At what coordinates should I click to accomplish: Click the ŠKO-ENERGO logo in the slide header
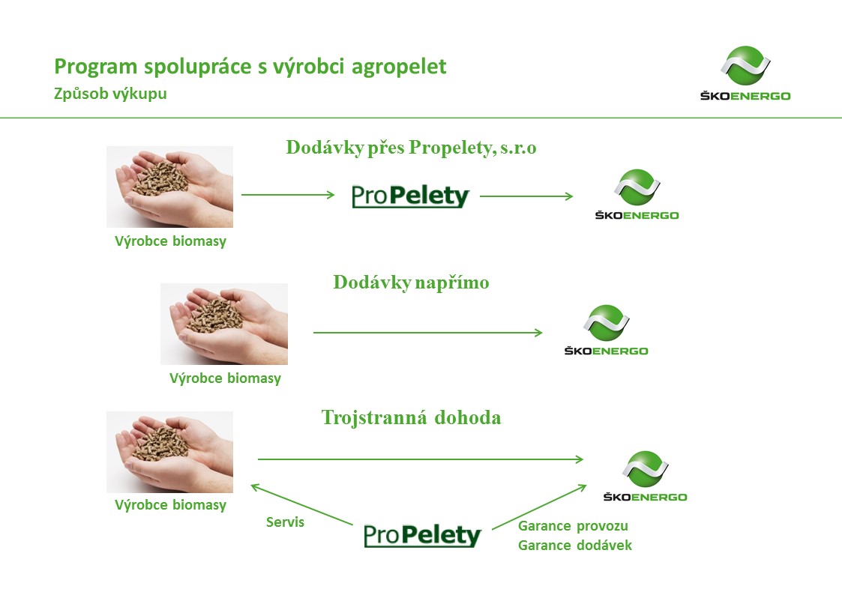click(745, 73)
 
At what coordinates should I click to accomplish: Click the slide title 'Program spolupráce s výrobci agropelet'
click(250, 67)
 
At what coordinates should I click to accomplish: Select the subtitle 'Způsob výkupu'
click(111, 94)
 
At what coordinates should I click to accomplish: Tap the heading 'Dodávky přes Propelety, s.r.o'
click(411, 147)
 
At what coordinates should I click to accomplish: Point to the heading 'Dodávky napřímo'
click(411, 283)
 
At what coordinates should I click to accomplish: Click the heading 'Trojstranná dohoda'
click(411, 417)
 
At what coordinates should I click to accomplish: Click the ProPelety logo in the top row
click(410, 196)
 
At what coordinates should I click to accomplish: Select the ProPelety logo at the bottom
click(422, 535)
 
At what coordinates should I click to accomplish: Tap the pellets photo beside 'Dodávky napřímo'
click(224, 324)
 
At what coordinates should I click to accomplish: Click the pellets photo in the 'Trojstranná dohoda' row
click(169, 452)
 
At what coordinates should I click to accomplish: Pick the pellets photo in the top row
click(169, 187)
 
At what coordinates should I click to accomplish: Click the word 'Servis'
click(285, 522)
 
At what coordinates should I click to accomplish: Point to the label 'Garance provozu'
click(573, 526)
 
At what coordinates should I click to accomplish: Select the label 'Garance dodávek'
click(574, 545)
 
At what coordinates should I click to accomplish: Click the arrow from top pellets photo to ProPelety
click(288, 194)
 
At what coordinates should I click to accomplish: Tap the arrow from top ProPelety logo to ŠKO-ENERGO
click(526, 196)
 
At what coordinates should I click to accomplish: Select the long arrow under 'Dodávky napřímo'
click(428, 333)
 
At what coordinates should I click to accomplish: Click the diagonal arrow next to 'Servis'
click(302, 504)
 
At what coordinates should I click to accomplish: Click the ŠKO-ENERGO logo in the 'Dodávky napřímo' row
click(607, 330)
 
